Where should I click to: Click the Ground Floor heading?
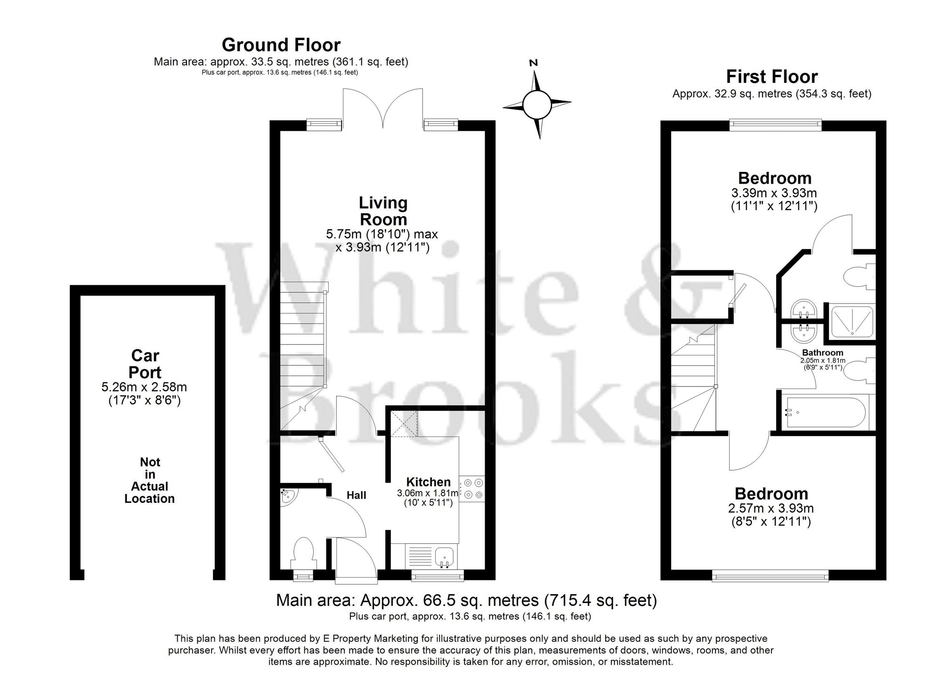click(x=281, y=45)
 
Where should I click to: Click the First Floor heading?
click(x=771, y=76)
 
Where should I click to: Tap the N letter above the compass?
click(x=534, y=63)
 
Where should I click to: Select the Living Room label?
click(x=383, y=211)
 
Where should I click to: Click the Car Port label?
click(x=145, y=364)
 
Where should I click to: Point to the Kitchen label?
click(x=428, y=482)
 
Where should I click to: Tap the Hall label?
click(x=356, y=495)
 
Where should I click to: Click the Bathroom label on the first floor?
click(x=822, y=353)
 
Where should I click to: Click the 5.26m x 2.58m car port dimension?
click(x=144, y=387)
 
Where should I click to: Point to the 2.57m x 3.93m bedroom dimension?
click(x=771, y=508)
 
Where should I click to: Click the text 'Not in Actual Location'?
click(x=149, y=480)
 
